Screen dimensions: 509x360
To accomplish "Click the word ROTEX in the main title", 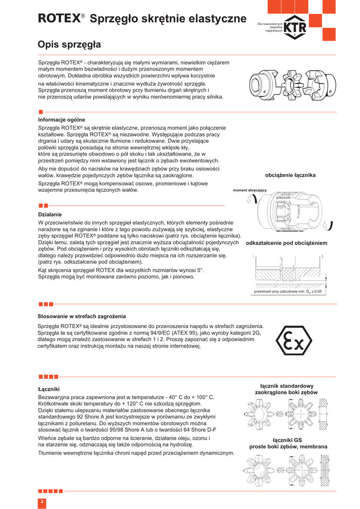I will (x=59, y=19).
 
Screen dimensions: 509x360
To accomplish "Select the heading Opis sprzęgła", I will (x=69, y=45).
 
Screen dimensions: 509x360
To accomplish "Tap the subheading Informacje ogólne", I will (x=62, y=120).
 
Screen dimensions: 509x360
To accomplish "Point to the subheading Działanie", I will (x=50, y=214).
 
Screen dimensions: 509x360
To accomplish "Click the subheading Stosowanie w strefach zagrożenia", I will (x=82, y=316).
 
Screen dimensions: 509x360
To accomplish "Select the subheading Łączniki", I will (x=49, y=388).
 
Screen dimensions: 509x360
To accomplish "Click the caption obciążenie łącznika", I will (x=290, y=175).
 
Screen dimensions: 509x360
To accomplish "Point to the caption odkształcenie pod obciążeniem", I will (x=286, y=243).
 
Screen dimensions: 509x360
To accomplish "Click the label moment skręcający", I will (x=250, y=190).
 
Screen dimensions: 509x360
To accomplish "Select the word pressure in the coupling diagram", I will (x=283, y=198).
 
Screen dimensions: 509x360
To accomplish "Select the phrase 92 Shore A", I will (x=87, y=417).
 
